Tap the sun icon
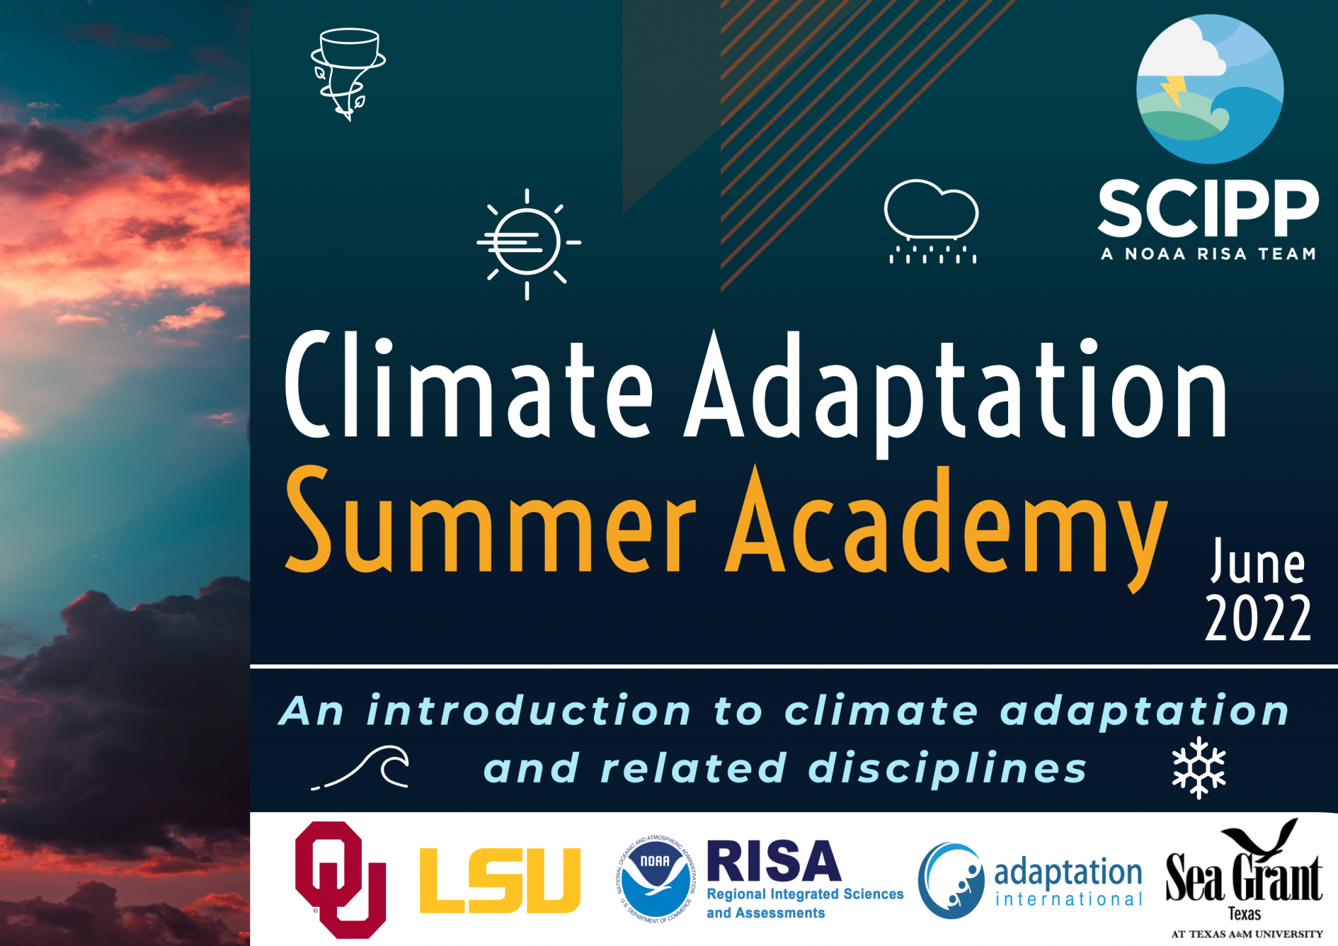coord(528,243)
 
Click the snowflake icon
coord(1199,768)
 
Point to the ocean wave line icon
coord(362,768)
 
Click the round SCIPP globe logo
coord(1209,89)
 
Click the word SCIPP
coord(1208,208)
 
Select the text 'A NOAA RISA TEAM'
coord(1208,254)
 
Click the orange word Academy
coord(947,523)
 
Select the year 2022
coord(1258,617)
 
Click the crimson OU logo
coord(340,879)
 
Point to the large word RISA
coord(774,862)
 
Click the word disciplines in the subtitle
coord(947,768)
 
